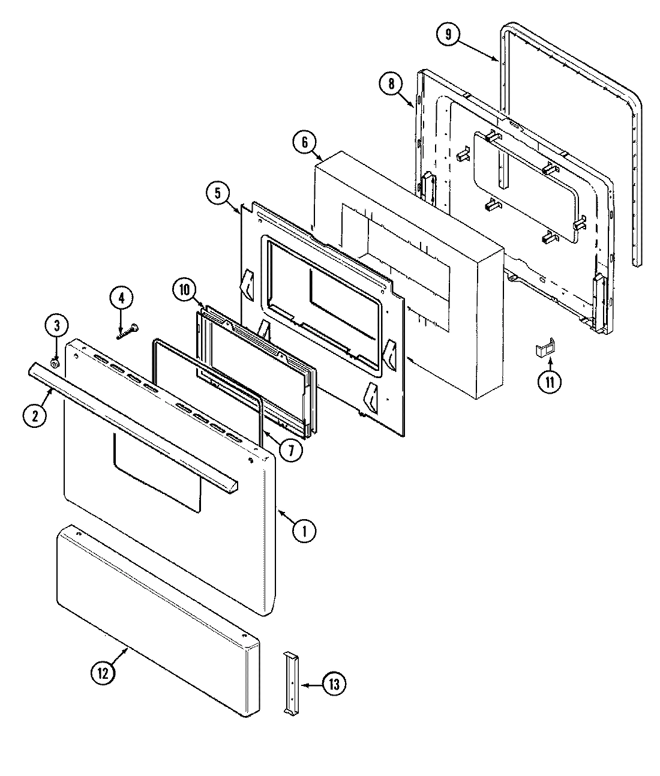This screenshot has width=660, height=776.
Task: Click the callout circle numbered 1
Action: [x=304, y=531]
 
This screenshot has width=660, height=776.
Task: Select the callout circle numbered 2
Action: [x=35, y=415]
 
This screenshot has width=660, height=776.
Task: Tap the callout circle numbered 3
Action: [x=57, y=326]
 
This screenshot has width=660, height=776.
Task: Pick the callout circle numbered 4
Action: [x=121, y=297]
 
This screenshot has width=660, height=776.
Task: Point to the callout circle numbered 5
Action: [x=217, y=193]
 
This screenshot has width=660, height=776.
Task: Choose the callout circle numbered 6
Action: [x=304, y=142]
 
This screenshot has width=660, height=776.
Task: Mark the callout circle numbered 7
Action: [x=290, y=450]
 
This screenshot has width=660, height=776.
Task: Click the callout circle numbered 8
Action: [x=391, y=84]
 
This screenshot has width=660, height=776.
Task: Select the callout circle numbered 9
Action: [x=448, y=35]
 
